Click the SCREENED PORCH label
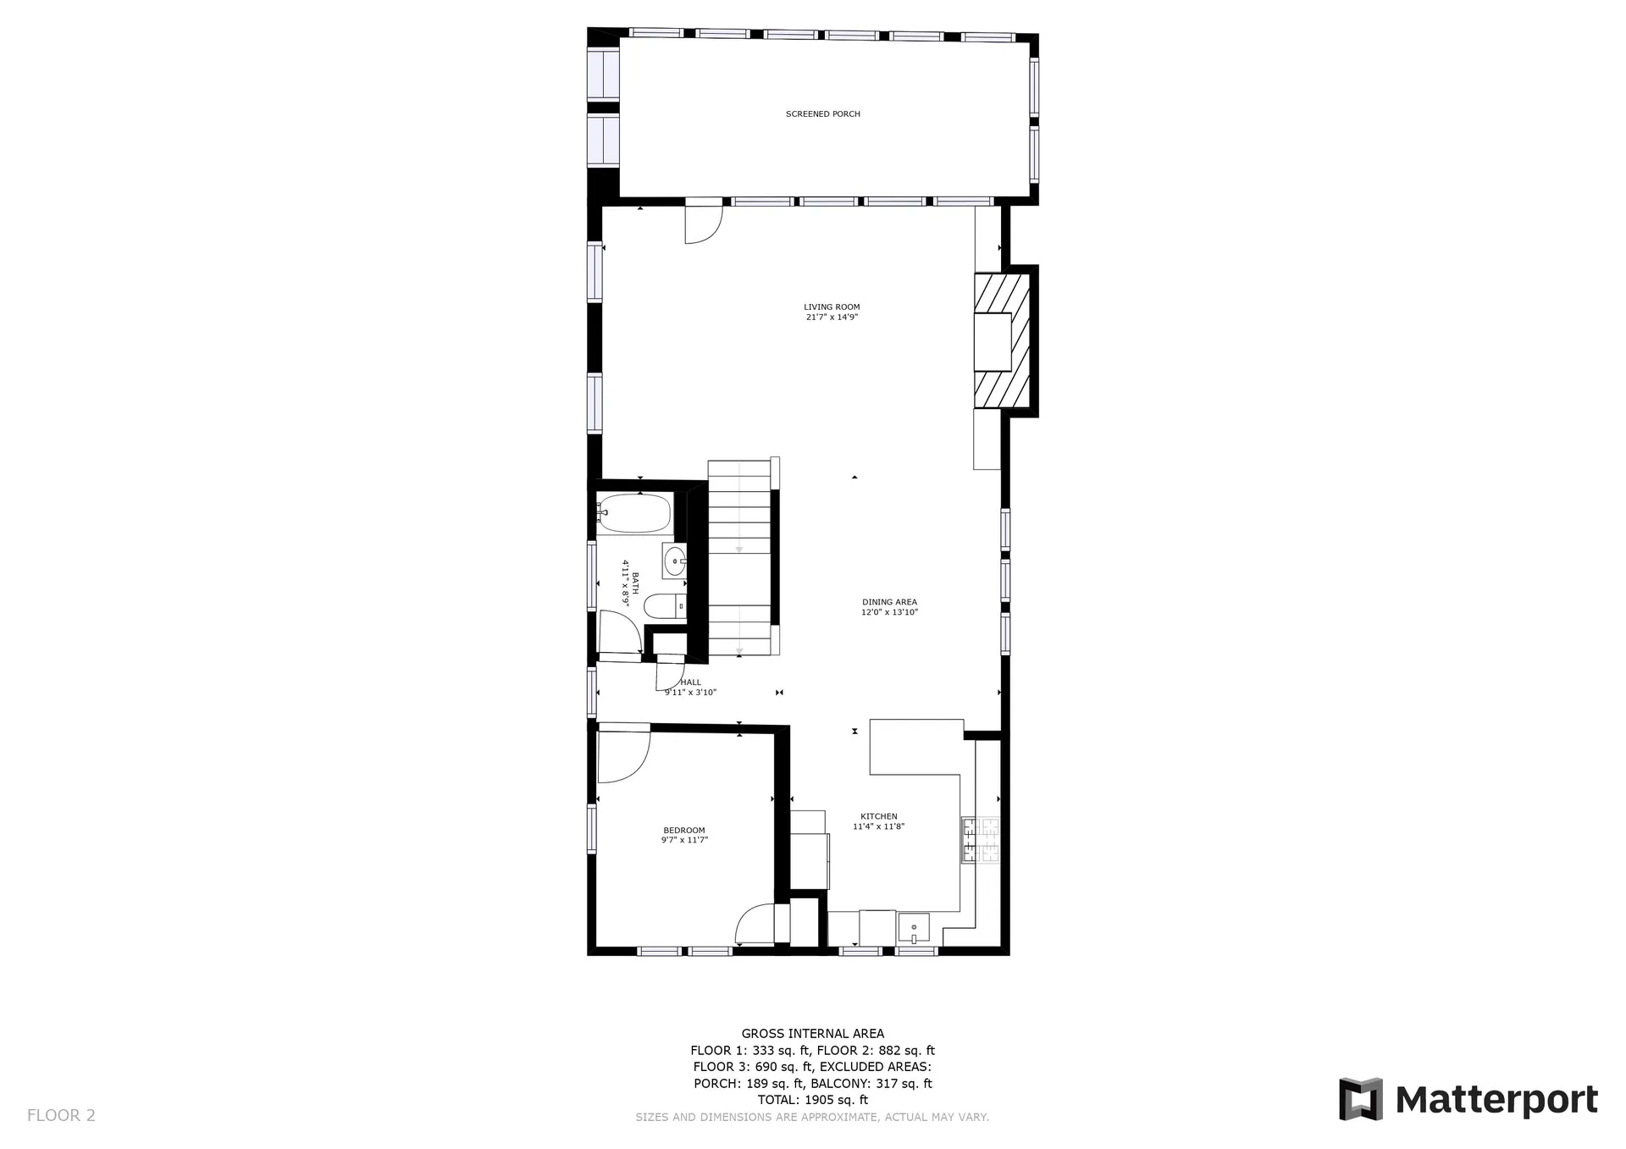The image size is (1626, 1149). click(822, 114)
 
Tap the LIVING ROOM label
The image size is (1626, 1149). click(832, 307)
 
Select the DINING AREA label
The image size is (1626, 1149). click(889, 602)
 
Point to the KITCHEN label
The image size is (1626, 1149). click(879, 816)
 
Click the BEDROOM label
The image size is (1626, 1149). click(684, 830)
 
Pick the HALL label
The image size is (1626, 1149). click(691, 682)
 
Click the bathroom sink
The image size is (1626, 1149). click(674, 560)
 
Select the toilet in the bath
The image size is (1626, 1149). click(665, 606)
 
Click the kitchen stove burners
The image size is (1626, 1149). click(980, 840)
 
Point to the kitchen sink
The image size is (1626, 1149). click(914, 929)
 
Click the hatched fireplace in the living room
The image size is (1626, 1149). click(1002, 340)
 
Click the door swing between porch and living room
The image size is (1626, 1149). click(703, 224)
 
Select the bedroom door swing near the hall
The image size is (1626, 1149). click(624, 754)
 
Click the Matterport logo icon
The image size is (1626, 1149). click(1361, 1099)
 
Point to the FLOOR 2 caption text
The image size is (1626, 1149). click(61, 1115)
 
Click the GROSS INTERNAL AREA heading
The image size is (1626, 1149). click(813, 1033)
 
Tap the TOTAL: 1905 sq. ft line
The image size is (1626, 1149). click(813, 1100)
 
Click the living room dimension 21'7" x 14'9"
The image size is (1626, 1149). click(832, 318)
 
